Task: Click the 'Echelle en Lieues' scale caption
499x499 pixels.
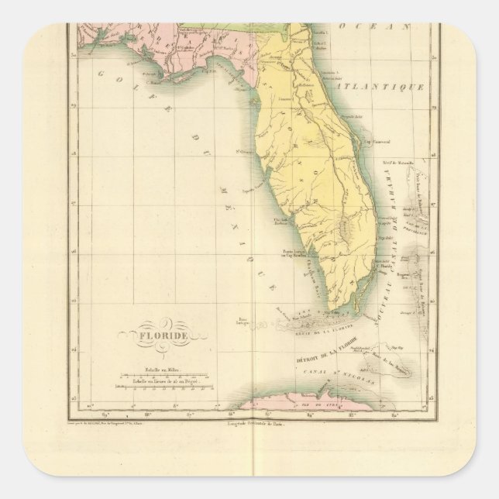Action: click(160, 384)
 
